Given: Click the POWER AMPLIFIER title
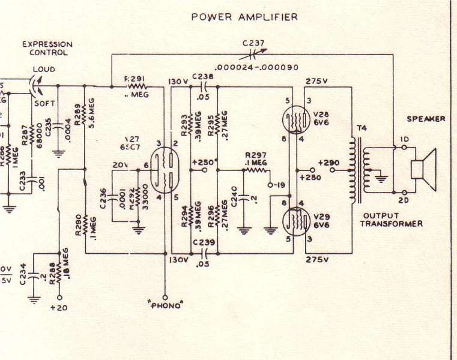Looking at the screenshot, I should point(244,17).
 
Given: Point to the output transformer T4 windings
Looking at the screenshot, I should point(360,170).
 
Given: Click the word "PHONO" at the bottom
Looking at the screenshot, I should point(165,305).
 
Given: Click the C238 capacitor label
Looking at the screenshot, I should point(203,77).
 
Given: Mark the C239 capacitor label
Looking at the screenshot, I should point(203,242).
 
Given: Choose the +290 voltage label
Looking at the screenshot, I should point(329,163).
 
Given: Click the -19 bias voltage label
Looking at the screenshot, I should point(279,184).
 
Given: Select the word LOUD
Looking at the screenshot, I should point(43,70).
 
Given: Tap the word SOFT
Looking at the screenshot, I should point(44,103).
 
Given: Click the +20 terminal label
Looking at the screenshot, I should point(59,308).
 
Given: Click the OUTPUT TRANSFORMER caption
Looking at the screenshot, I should point(391,220).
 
